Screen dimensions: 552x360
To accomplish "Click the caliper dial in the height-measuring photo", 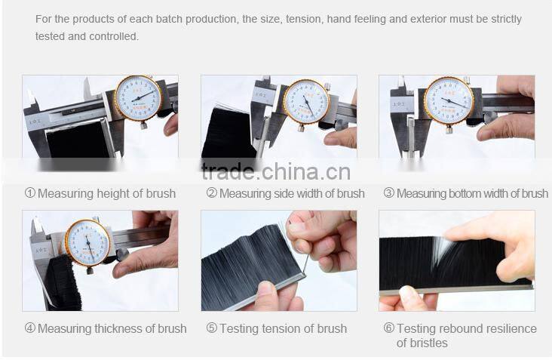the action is pos(139,98).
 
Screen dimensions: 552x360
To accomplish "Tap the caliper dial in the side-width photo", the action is pos(307,102).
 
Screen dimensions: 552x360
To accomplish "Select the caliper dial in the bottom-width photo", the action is pos(449,100).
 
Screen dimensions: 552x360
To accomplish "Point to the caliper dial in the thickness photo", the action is pos(87,244).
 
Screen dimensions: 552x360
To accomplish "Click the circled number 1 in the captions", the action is pos(30,192).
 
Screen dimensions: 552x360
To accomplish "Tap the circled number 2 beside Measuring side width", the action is pos(212,192).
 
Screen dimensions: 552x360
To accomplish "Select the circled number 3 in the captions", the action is pos(389,192).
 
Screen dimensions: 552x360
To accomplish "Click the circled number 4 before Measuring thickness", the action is pos(30,328).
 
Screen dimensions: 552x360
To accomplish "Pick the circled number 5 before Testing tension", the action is pos(212,328).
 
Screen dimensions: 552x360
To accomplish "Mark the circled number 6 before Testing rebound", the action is pos(389,328).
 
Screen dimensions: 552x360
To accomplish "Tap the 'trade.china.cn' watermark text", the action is pos(276,172).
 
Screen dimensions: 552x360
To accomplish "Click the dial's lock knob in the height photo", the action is pos(143,125).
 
